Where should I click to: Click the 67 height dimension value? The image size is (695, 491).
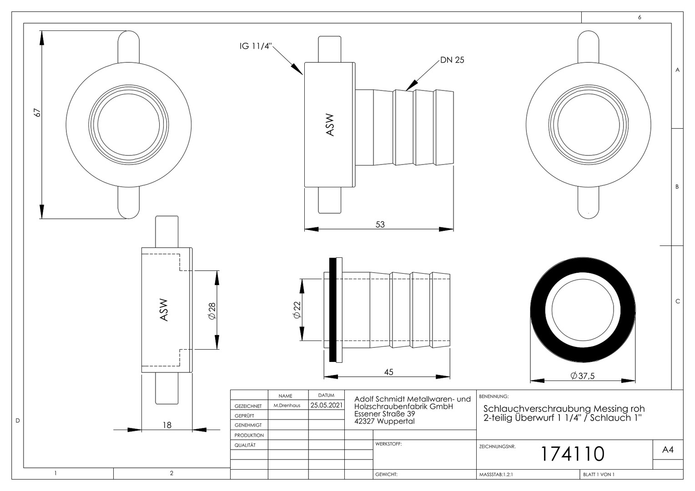point(37,113)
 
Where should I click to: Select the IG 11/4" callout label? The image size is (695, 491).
point(255,46)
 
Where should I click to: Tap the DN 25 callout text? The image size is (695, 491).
point(452,60)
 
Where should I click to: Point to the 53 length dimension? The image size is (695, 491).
point(380,224)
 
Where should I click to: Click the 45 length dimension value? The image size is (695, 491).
point(388,372)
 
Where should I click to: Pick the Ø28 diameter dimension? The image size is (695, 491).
point(212,311)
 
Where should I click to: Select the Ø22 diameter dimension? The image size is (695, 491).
point(297,310)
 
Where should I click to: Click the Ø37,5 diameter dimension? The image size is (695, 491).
point(582,376)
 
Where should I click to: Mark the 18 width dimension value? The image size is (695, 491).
point(167,425)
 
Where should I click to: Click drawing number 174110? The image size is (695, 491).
point(573,454)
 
